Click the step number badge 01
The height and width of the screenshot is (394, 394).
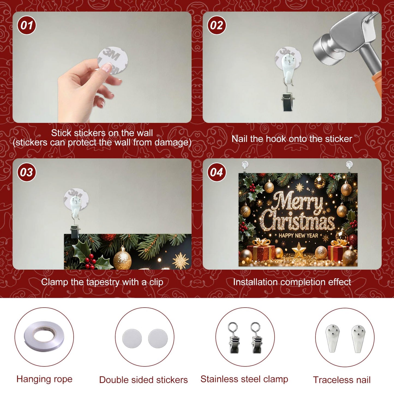(x=26, y=25)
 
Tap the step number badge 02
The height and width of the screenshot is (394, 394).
(x=216, y=25)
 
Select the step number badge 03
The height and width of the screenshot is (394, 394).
(x=26, y=172)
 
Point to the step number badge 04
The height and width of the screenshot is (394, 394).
(x=216, y=172)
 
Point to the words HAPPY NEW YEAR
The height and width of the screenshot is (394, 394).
(x=298, y=236)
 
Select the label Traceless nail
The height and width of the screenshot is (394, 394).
(x=342, y=380)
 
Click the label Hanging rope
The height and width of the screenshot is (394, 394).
(x=44, y=379)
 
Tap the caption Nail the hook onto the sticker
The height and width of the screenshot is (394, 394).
(x=292, y=139)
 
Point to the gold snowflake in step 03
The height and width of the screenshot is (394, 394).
(x=181, y=260)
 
